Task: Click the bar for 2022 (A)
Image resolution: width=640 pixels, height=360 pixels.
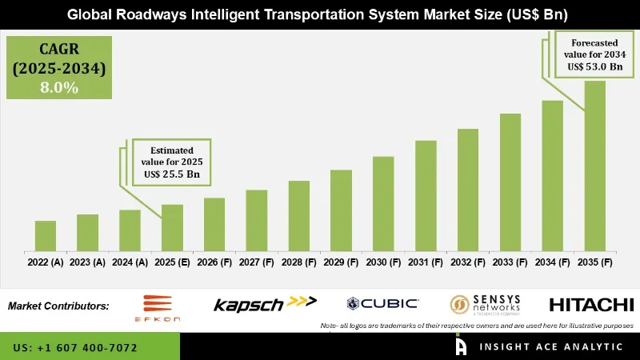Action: click(x=46, y=236)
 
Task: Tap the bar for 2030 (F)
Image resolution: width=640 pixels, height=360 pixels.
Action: click(x=383, y=203)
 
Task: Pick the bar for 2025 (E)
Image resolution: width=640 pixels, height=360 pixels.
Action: click(x=172, y=227)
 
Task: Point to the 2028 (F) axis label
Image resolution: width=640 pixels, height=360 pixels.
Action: click(x=298, y=262)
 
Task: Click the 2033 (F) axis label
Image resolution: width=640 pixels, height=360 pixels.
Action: click(x=510, y=262)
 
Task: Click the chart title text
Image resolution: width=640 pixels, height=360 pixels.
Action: click(x=319, y=14)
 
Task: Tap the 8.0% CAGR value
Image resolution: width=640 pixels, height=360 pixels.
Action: click(x=59, y=88)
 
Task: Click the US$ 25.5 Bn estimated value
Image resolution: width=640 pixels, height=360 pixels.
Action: click(x=171, y=173)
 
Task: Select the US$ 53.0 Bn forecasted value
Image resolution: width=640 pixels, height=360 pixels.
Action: click(x=594, y=66)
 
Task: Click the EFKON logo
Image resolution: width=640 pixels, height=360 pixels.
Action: click(x=162, y=307)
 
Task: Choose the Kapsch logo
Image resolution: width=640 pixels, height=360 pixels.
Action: click(x=265, y=303)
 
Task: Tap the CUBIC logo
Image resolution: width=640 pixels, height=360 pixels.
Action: click(x=382, y=303)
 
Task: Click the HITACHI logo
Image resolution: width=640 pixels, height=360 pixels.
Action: click(x=591, y=304)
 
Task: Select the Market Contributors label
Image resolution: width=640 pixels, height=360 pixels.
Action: click(x=58, y=306)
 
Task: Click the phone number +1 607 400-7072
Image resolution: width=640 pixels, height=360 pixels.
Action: click(x=75, y=348)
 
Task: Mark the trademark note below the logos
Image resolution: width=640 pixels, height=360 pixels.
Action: click(x=477, y=326)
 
